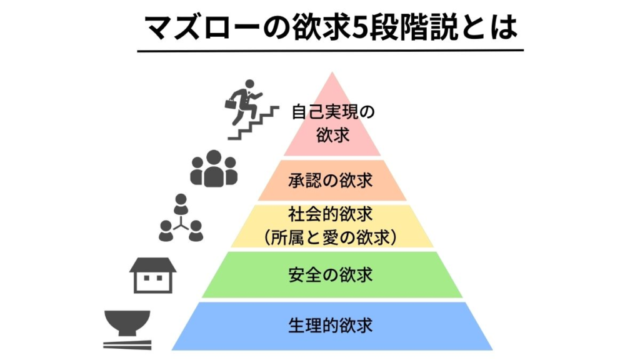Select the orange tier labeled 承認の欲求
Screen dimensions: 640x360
(332, 180)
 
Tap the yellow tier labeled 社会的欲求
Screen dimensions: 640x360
(332, 226)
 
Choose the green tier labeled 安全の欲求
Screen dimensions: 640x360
(332, 275)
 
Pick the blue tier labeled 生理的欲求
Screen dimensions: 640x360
(332, 326)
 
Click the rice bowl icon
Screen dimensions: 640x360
(127, 322)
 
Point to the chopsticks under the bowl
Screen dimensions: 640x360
(127, 345)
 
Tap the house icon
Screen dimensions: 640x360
(153, 275)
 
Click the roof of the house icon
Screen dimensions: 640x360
(153, 264)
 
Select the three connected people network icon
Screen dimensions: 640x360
(181, 218)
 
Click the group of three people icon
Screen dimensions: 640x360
(214, 169)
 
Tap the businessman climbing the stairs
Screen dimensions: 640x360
(242, 102)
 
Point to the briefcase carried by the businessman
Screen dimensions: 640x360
(231, 103)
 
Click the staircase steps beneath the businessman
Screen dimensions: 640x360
(254, 123)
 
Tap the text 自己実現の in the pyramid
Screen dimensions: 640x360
(333, 112)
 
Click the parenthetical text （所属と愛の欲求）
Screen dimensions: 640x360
(331, 237)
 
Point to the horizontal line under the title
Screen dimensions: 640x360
(330, 51)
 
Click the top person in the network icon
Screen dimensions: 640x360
(181, 203)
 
